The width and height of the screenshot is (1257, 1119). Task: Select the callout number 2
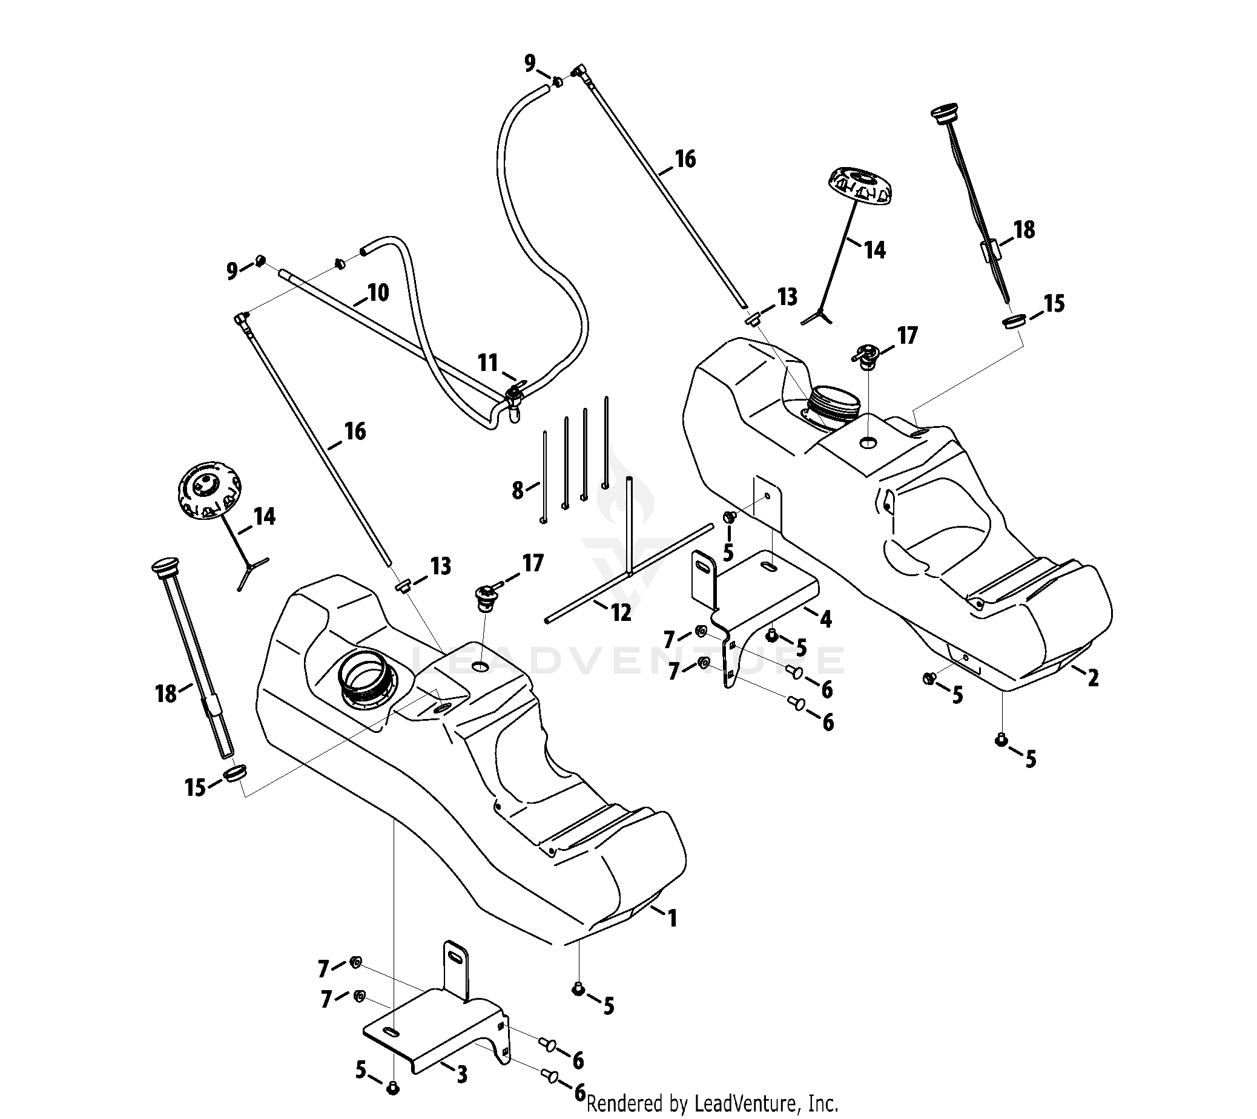(1092, 678)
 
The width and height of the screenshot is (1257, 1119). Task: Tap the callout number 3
(462, 1074)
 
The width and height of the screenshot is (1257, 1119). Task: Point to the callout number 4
(826, 619)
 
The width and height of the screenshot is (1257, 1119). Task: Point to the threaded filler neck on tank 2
(834, 404)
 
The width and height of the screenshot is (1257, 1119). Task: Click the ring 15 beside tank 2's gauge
(1015, 321)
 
